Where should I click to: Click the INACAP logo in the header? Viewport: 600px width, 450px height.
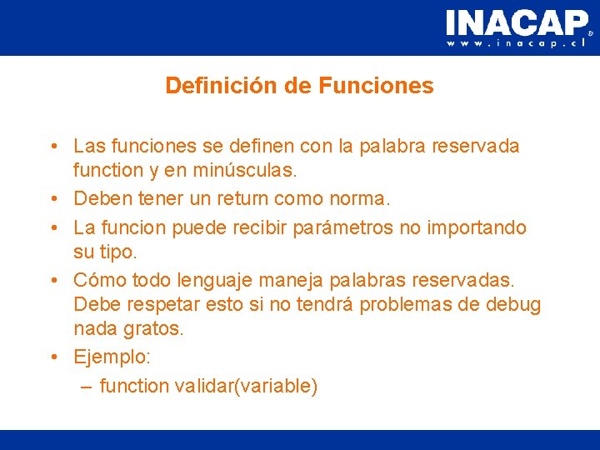[x=516, y=22]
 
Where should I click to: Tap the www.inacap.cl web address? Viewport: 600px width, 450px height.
[x=517, y=42]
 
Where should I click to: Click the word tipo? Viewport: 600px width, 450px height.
[x=121, y=252]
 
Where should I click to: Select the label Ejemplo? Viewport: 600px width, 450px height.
[x=112, y=357]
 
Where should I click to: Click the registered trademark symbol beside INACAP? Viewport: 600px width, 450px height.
[x=591, y=34]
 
